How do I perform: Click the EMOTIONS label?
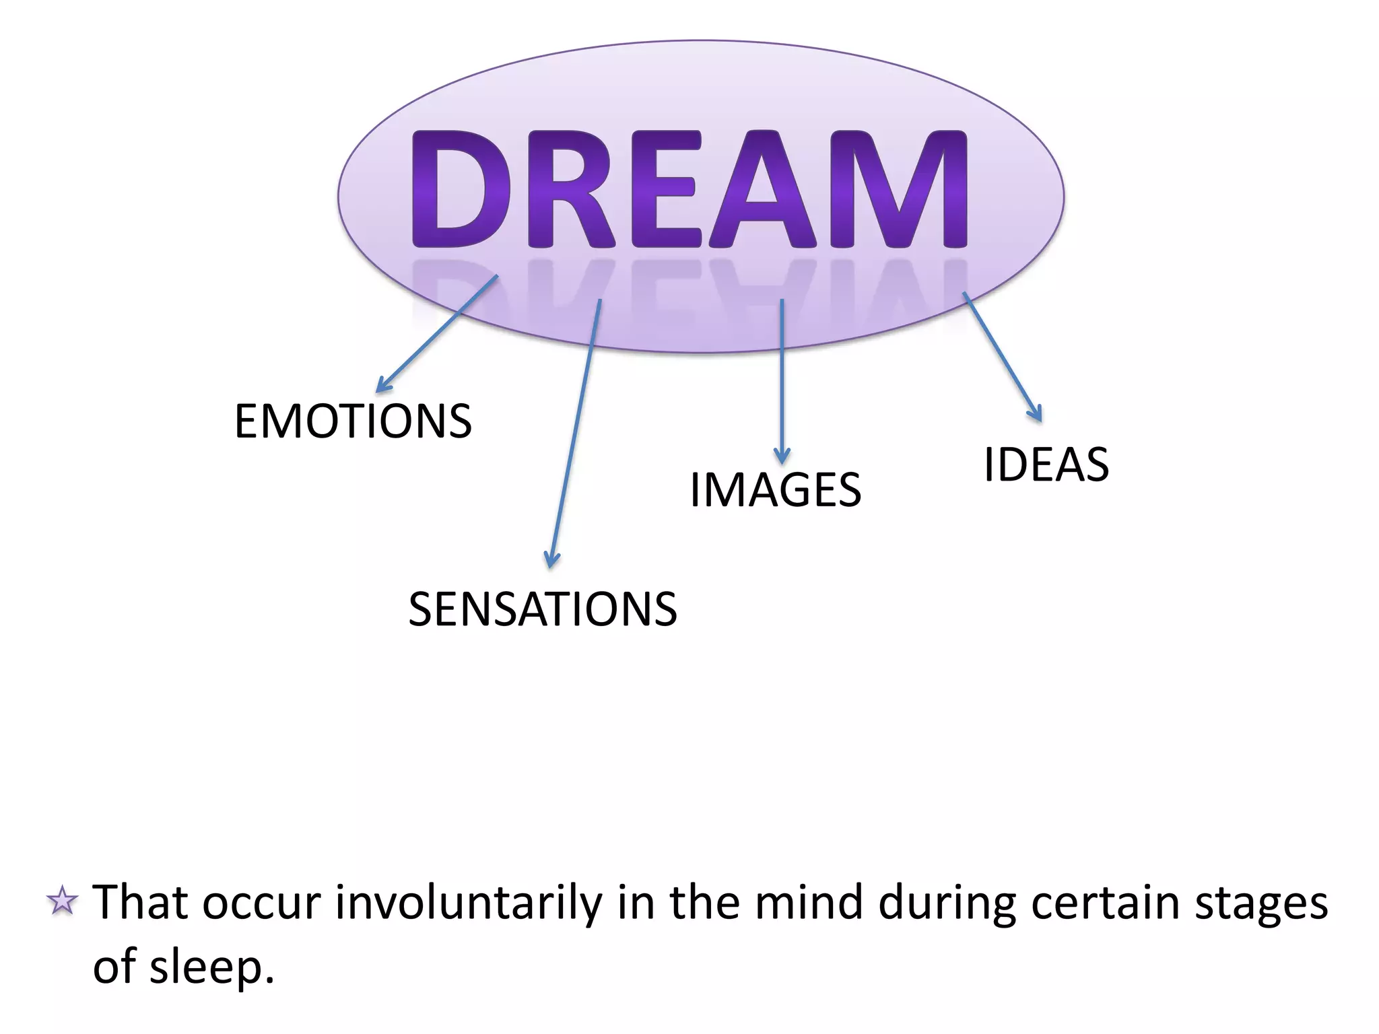(353, 421)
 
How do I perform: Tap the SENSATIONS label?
(543, 609)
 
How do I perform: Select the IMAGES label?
(776, 489)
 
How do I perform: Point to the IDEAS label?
(1046, 464)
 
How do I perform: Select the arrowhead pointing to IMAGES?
(782, 458)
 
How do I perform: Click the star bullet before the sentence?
(63, 901)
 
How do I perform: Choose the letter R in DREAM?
(569, 188)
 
